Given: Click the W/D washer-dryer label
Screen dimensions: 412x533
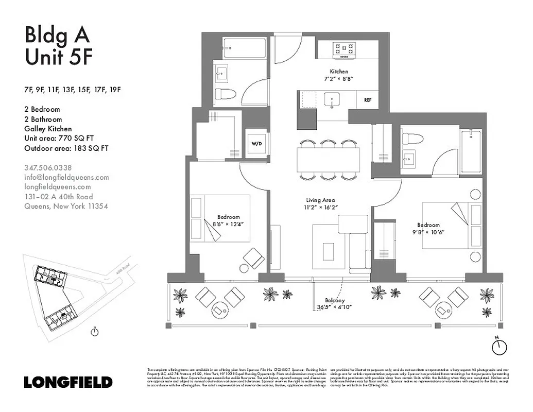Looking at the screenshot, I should click(256, 143).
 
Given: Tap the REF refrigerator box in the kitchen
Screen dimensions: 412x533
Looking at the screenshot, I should click(368, 100).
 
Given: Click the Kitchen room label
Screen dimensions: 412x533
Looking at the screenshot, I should click(339, 72).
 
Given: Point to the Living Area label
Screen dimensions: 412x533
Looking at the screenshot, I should click(320, 200).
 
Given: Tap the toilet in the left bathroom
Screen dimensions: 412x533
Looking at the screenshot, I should click(225, 94).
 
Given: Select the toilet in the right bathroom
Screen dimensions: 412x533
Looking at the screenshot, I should click(412, 139).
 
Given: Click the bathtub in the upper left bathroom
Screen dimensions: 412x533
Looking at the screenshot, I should click(245, 49).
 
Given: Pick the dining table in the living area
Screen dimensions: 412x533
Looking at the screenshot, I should click(328, 160).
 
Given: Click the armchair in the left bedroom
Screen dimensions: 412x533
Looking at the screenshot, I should click(254, 257).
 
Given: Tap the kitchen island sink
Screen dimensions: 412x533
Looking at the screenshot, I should click(332, 99).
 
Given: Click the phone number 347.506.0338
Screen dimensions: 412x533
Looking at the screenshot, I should click(48, 167).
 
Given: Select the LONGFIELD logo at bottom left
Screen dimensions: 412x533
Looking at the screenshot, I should click(68, 382).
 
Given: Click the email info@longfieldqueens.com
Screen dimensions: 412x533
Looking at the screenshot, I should click(66, 177).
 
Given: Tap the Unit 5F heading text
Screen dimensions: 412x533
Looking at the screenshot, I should click(59, 57).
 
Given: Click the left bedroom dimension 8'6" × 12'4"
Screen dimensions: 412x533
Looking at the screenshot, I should click(227, 224).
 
